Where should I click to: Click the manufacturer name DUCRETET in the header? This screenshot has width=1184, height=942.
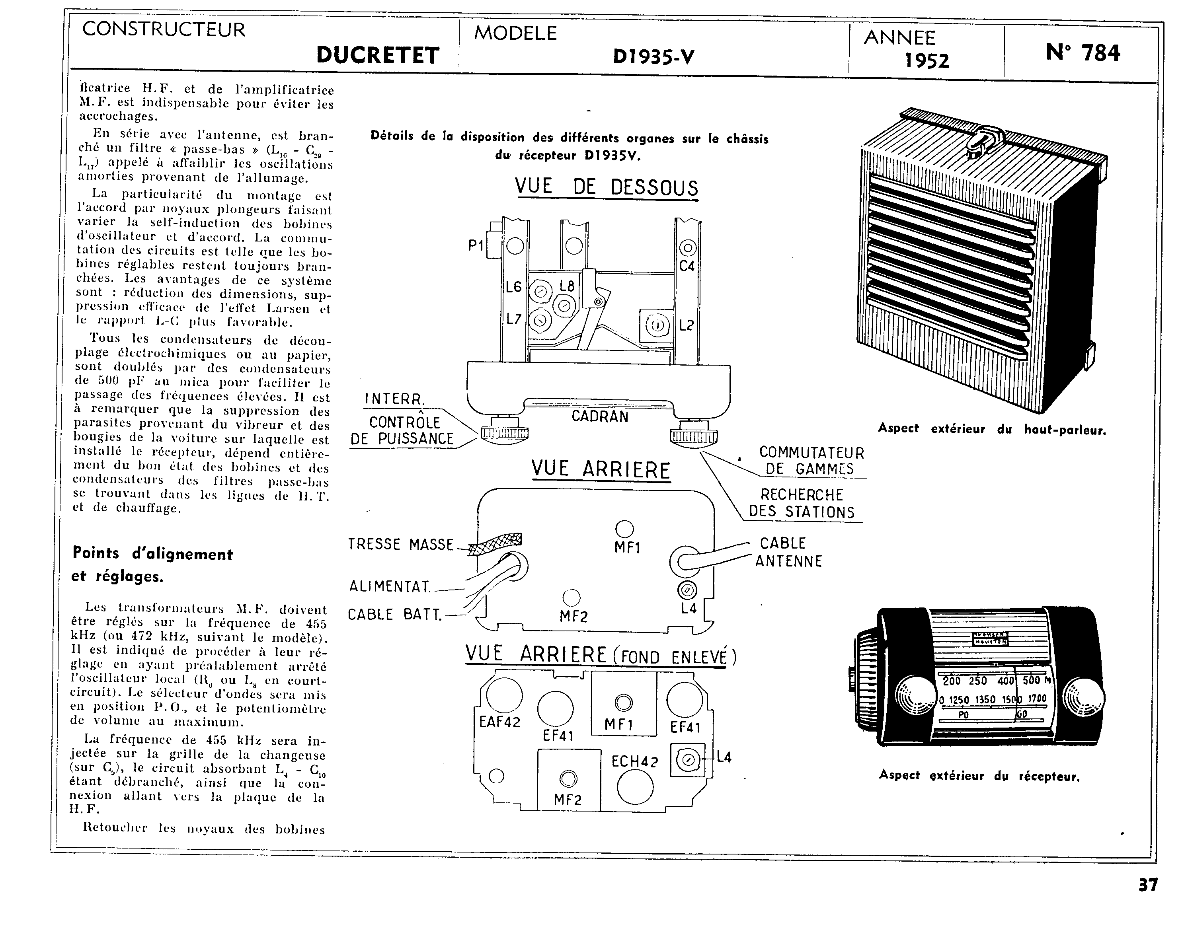coord(378,55)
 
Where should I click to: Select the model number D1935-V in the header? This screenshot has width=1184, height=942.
coord(653,56)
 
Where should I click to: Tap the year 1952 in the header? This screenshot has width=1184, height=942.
coord(927,60)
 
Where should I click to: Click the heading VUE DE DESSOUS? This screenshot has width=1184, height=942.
coord(606,187)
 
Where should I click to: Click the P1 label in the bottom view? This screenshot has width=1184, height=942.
coord(476,245)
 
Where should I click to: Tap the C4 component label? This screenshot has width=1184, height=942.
coord(687,266)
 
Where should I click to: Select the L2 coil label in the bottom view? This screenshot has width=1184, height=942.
coord(687,325)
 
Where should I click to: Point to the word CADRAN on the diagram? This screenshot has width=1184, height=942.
coord(600,416)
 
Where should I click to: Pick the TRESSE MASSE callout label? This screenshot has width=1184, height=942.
coord(401,544)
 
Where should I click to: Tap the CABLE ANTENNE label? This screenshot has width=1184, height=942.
coord(788,552)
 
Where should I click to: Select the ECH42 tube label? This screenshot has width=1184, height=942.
coord(634,761)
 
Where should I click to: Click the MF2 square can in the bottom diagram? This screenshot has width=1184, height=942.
coord(568,780)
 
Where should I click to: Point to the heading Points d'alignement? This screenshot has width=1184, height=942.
coord(153,554)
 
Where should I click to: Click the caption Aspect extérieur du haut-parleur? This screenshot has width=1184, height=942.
coord(992,429)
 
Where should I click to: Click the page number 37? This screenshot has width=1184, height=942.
coord(1148,884)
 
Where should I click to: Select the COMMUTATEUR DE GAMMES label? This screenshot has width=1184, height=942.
coord(811,461)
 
